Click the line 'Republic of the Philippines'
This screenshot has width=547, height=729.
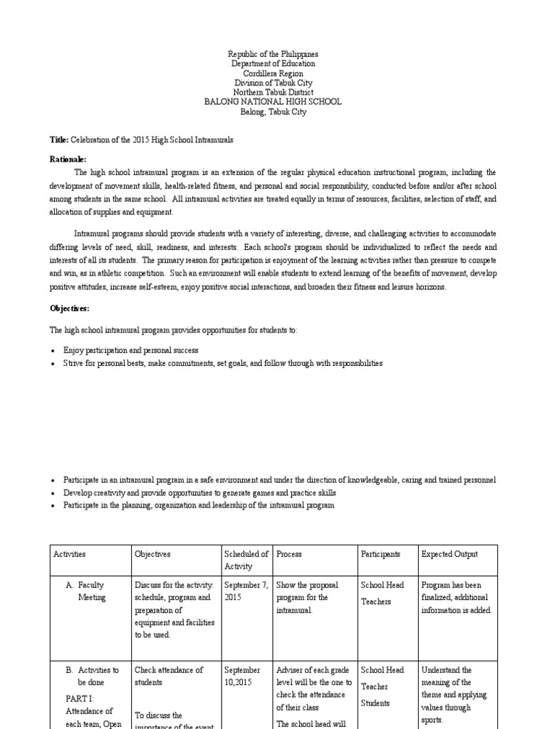pos(273,54)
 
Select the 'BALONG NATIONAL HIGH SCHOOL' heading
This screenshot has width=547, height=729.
pos(273,102)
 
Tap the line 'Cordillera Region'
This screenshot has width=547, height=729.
pos(273,73)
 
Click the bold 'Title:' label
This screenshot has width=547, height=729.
pos(59,140)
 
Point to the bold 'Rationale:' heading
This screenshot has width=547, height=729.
pos(68,159)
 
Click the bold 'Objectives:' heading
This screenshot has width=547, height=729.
pos(69,308)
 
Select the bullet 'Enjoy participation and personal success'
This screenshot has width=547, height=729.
pos(130,350)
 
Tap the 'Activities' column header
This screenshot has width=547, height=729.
pos(68,554)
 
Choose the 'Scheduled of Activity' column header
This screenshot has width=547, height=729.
pos(246,560)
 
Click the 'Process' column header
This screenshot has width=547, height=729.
pos(289,554)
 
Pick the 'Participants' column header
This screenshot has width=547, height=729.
pos(380,554)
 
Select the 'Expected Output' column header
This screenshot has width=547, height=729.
pos(449,554)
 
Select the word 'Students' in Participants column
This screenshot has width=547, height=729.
pos(375,703)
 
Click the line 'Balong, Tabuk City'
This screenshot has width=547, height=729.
pos(273,112)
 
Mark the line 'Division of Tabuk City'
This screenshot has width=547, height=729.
pos(273,83)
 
